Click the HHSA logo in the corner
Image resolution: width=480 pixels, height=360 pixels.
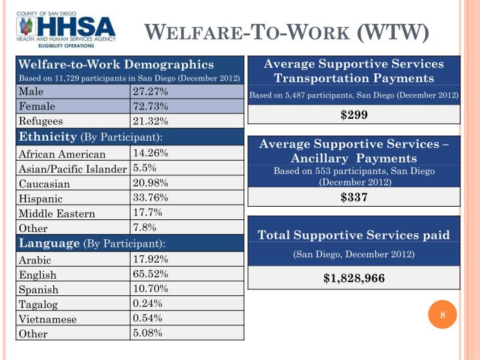[66, 29]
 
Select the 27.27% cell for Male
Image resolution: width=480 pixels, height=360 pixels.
[151, 91]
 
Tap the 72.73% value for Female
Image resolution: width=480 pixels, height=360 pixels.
[151, 106]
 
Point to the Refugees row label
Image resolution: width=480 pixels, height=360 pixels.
[41, 121]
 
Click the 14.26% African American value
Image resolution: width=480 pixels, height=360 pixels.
[151, 153]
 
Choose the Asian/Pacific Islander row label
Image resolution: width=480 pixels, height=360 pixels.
[73, 169]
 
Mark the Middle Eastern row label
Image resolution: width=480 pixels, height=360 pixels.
[57, 214]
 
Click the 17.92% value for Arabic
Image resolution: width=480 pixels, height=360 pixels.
[151, 259]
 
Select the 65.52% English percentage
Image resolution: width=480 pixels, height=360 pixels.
[151, 274]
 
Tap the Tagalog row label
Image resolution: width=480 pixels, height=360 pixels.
[39, 305]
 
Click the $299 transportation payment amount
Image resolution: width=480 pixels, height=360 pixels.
[354, 115]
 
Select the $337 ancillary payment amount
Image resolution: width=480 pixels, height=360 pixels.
[354, 197]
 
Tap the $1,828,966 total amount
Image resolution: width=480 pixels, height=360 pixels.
[354, 278]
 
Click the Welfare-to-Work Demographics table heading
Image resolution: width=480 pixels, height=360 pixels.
[116, 65]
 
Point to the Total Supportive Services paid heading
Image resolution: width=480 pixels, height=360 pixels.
[354, 235]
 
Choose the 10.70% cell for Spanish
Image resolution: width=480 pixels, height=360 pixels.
[151, 289]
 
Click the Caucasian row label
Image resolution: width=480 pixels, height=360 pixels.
[44, 183]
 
